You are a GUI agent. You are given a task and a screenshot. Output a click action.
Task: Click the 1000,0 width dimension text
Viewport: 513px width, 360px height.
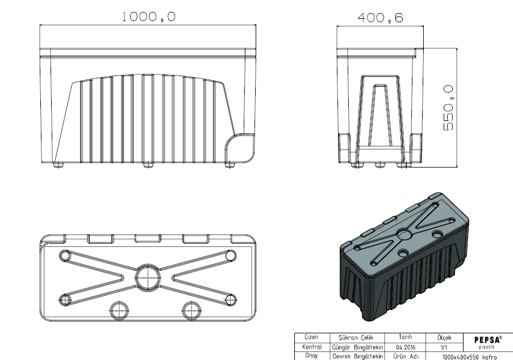pos(149,16)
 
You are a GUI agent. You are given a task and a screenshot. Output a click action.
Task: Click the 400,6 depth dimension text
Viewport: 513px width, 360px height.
pos(380,18)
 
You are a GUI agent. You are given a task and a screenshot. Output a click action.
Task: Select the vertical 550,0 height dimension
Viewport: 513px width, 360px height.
pos(448,108)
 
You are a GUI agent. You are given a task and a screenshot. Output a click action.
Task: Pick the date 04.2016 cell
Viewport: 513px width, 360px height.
pos(406,348)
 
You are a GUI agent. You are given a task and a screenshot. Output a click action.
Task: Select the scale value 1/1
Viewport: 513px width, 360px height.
pos(444,348)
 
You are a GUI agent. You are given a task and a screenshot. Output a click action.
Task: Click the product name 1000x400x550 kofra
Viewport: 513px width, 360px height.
pos(469,357)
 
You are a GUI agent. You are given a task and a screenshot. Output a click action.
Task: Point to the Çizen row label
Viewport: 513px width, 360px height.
pos(311,337)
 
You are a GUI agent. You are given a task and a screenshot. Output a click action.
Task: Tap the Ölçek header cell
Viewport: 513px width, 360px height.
pos(444,337)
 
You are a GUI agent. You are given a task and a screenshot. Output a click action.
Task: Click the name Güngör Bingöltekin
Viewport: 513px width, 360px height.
pos(357,348)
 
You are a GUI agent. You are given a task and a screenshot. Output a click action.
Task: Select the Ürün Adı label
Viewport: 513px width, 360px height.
pos(406,357)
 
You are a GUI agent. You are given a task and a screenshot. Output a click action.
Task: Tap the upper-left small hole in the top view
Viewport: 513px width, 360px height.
pos(65,256)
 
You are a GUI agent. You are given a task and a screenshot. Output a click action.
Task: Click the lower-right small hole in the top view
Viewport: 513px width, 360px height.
pos(231,299)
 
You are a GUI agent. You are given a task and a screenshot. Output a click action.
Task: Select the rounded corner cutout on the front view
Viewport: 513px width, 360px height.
pos(240,148)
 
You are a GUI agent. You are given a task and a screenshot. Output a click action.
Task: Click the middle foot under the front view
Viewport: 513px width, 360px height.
pos(148,165)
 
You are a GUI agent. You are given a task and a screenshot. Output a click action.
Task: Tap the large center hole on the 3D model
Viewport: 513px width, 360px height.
pos(404,235)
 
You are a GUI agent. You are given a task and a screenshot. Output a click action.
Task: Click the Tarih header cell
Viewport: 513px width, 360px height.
pos(405,337)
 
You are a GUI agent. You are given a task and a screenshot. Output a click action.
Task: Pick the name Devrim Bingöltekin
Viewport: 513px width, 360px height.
pos(357,357)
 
